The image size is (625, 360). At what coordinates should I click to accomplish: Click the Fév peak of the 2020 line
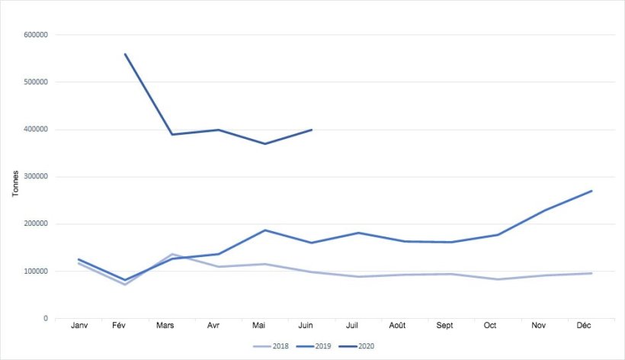point(125,54)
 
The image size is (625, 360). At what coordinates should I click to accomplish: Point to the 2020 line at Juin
point(312,130)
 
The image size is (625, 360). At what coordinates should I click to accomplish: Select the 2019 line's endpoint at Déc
point(591,191)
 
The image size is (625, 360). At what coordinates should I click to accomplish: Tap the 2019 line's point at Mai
point(265,230)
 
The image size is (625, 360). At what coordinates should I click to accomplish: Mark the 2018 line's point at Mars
point(172,254)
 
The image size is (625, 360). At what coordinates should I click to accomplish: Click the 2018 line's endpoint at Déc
point(591,273)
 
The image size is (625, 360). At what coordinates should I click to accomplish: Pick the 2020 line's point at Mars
point(172,134)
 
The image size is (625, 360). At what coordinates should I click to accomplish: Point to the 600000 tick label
point(37,35)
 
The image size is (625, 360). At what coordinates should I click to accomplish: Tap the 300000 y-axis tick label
point(37,177)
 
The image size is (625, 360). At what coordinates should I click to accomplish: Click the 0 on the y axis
point(46,319)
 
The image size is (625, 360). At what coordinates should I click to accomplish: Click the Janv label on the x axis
point(79,326)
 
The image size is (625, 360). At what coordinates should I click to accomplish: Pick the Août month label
point(397,326)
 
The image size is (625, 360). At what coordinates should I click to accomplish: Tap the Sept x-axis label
point(444,326)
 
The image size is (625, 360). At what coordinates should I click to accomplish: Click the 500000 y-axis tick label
point(37,82)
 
